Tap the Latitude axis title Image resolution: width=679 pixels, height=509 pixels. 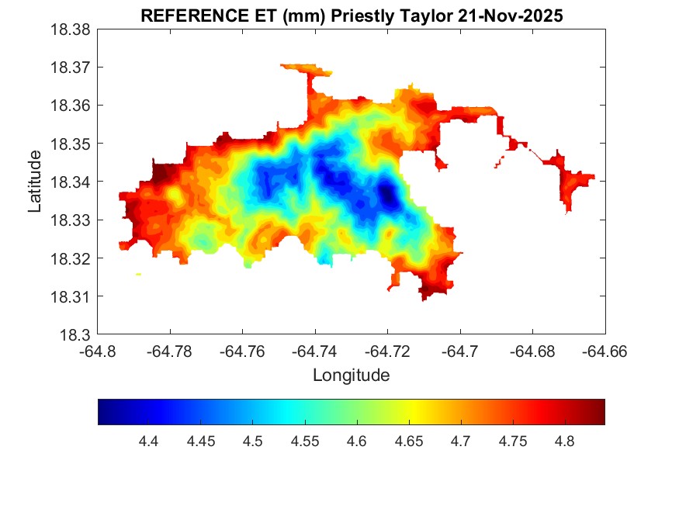click(35, 182)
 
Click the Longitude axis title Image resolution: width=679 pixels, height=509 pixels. click(351, 376)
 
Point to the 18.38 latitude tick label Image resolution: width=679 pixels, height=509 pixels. click(72, 29)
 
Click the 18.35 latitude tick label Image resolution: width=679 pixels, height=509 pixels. click(72, 144)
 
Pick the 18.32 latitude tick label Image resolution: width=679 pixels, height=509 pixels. click(72, 258)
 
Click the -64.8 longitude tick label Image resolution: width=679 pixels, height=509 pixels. click(98, 351)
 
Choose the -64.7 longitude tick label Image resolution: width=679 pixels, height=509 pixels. click(461, 351)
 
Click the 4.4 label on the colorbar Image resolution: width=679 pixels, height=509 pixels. click(148, 441)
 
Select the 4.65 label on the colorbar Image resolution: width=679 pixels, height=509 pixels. click(408, 441)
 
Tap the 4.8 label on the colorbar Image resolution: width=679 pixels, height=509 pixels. click(565, 441)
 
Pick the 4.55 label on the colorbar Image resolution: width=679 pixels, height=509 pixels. click(304, 441)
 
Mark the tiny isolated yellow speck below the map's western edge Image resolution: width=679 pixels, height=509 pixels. click(138, 274)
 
